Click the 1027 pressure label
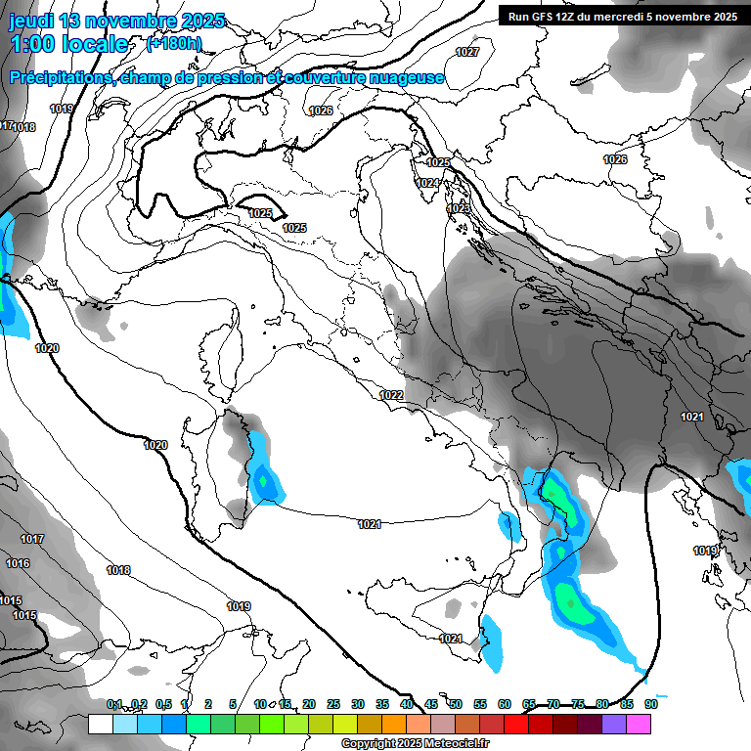tap(467, 52)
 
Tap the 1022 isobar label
tap(391, 395)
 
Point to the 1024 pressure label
tap(426, 183)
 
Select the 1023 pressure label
tap(458, 208)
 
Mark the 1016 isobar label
tap(17, 563)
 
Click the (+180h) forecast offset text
tap(173, 44)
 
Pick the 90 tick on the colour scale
tap(650, 704)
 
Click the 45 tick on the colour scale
tap(431, 704)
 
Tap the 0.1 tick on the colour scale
tap(114, 704)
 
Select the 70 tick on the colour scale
tap(553, 704)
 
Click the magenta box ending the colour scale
tap(639, 724)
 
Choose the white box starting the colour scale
tap(100, 724)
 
